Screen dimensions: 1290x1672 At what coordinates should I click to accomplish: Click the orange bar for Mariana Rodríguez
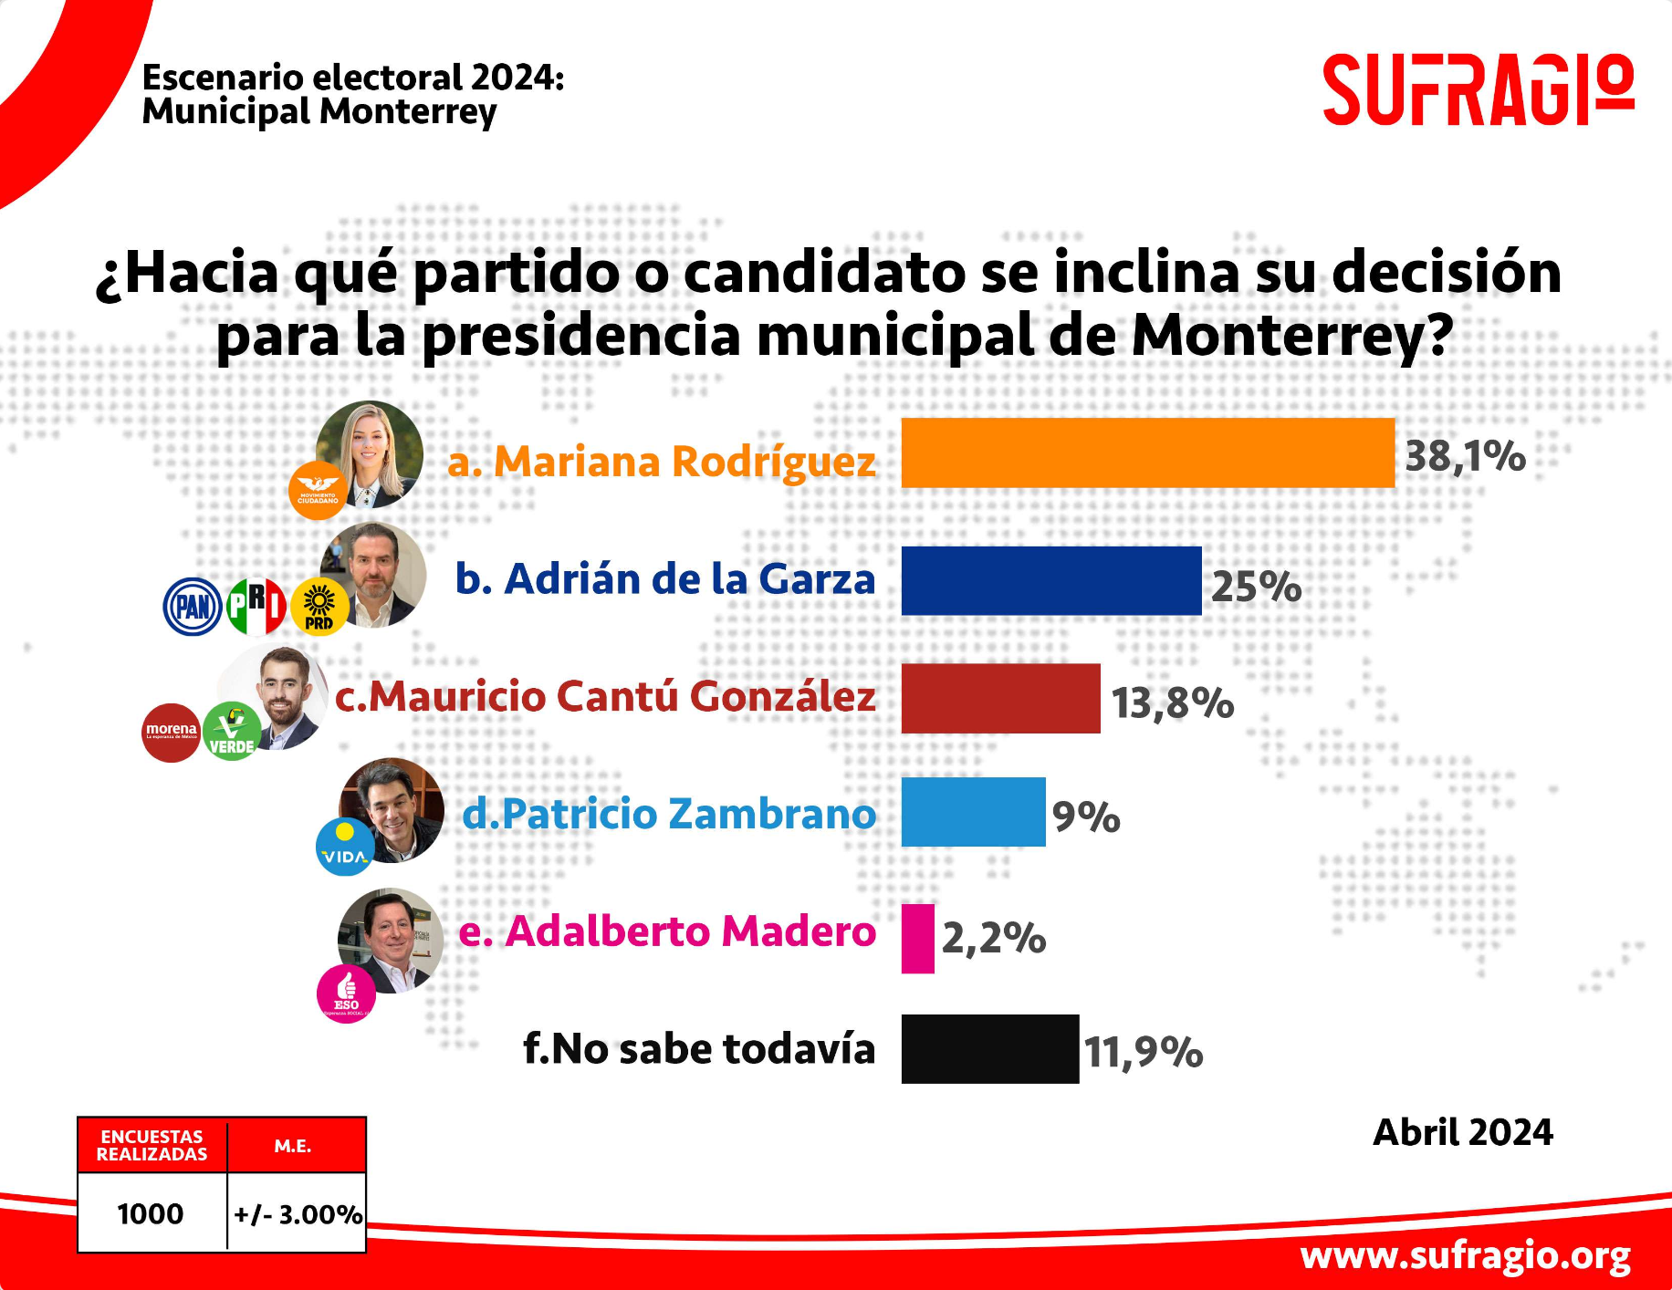point(1147,453)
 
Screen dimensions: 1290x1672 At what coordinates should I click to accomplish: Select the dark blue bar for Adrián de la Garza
point(1050,581)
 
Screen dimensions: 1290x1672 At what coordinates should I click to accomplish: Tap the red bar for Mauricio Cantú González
point(1000,699)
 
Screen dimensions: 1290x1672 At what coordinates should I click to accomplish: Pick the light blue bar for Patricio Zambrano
point(973,812)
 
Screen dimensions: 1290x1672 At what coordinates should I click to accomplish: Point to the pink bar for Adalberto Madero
point(917,939)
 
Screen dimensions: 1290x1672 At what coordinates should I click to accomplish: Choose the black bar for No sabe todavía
point(989,1049)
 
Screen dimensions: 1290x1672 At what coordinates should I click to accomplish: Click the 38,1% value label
point(1465,456)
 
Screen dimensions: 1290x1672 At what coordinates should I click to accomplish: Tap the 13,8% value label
point(1172,702)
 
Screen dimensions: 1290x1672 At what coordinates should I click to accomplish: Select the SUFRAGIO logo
point(1478,89)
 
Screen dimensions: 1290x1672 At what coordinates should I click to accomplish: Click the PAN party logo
point(193,607)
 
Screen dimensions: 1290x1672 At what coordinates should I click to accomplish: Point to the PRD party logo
point(319,607)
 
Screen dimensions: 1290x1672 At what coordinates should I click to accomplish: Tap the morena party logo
point(171,733)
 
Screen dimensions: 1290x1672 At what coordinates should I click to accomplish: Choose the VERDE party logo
point(232,733)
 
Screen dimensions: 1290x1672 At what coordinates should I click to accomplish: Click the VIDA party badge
point(344,848)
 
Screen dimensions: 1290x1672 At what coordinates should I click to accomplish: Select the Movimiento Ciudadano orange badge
point(318,491)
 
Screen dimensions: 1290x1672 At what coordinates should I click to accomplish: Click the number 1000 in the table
point(151,1214)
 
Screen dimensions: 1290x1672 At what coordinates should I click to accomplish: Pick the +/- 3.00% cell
point(298,1214)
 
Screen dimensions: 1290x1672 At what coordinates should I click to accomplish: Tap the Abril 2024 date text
point(1462,1132)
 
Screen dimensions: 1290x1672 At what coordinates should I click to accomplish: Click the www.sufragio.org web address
point(1465,1256)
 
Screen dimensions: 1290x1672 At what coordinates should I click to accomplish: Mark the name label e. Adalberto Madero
point(667,931)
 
